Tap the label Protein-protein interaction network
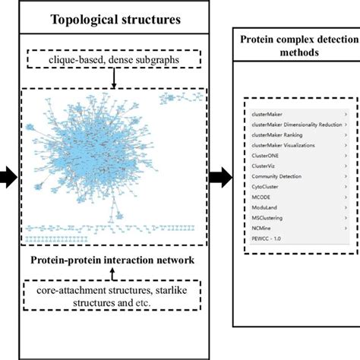(x=113, y=259)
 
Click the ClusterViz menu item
(x=264, y=165)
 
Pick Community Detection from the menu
(x=275, y=175)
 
